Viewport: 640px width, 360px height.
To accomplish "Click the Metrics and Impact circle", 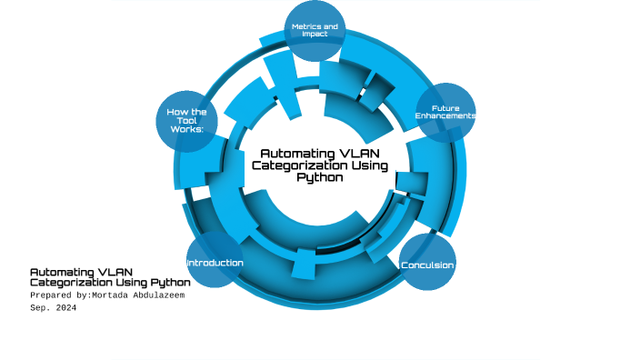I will [315, 31].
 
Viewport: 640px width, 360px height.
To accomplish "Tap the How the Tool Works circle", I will [186, 120].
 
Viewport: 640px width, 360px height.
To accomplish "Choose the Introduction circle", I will [215, 263].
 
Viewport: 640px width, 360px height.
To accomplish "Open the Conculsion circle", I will [427, 264].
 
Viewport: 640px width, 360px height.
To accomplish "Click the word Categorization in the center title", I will [295, 165].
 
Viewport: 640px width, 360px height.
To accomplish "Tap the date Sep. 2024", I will [53, 308].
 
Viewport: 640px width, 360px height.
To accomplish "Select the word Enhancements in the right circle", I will [445, 116].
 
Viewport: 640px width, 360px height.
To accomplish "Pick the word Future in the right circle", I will [445, 108].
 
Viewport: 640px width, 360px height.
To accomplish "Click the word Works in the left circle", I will [186, 129].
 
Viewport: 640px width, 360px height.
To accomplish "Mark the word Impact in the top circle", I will [314, 35].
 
